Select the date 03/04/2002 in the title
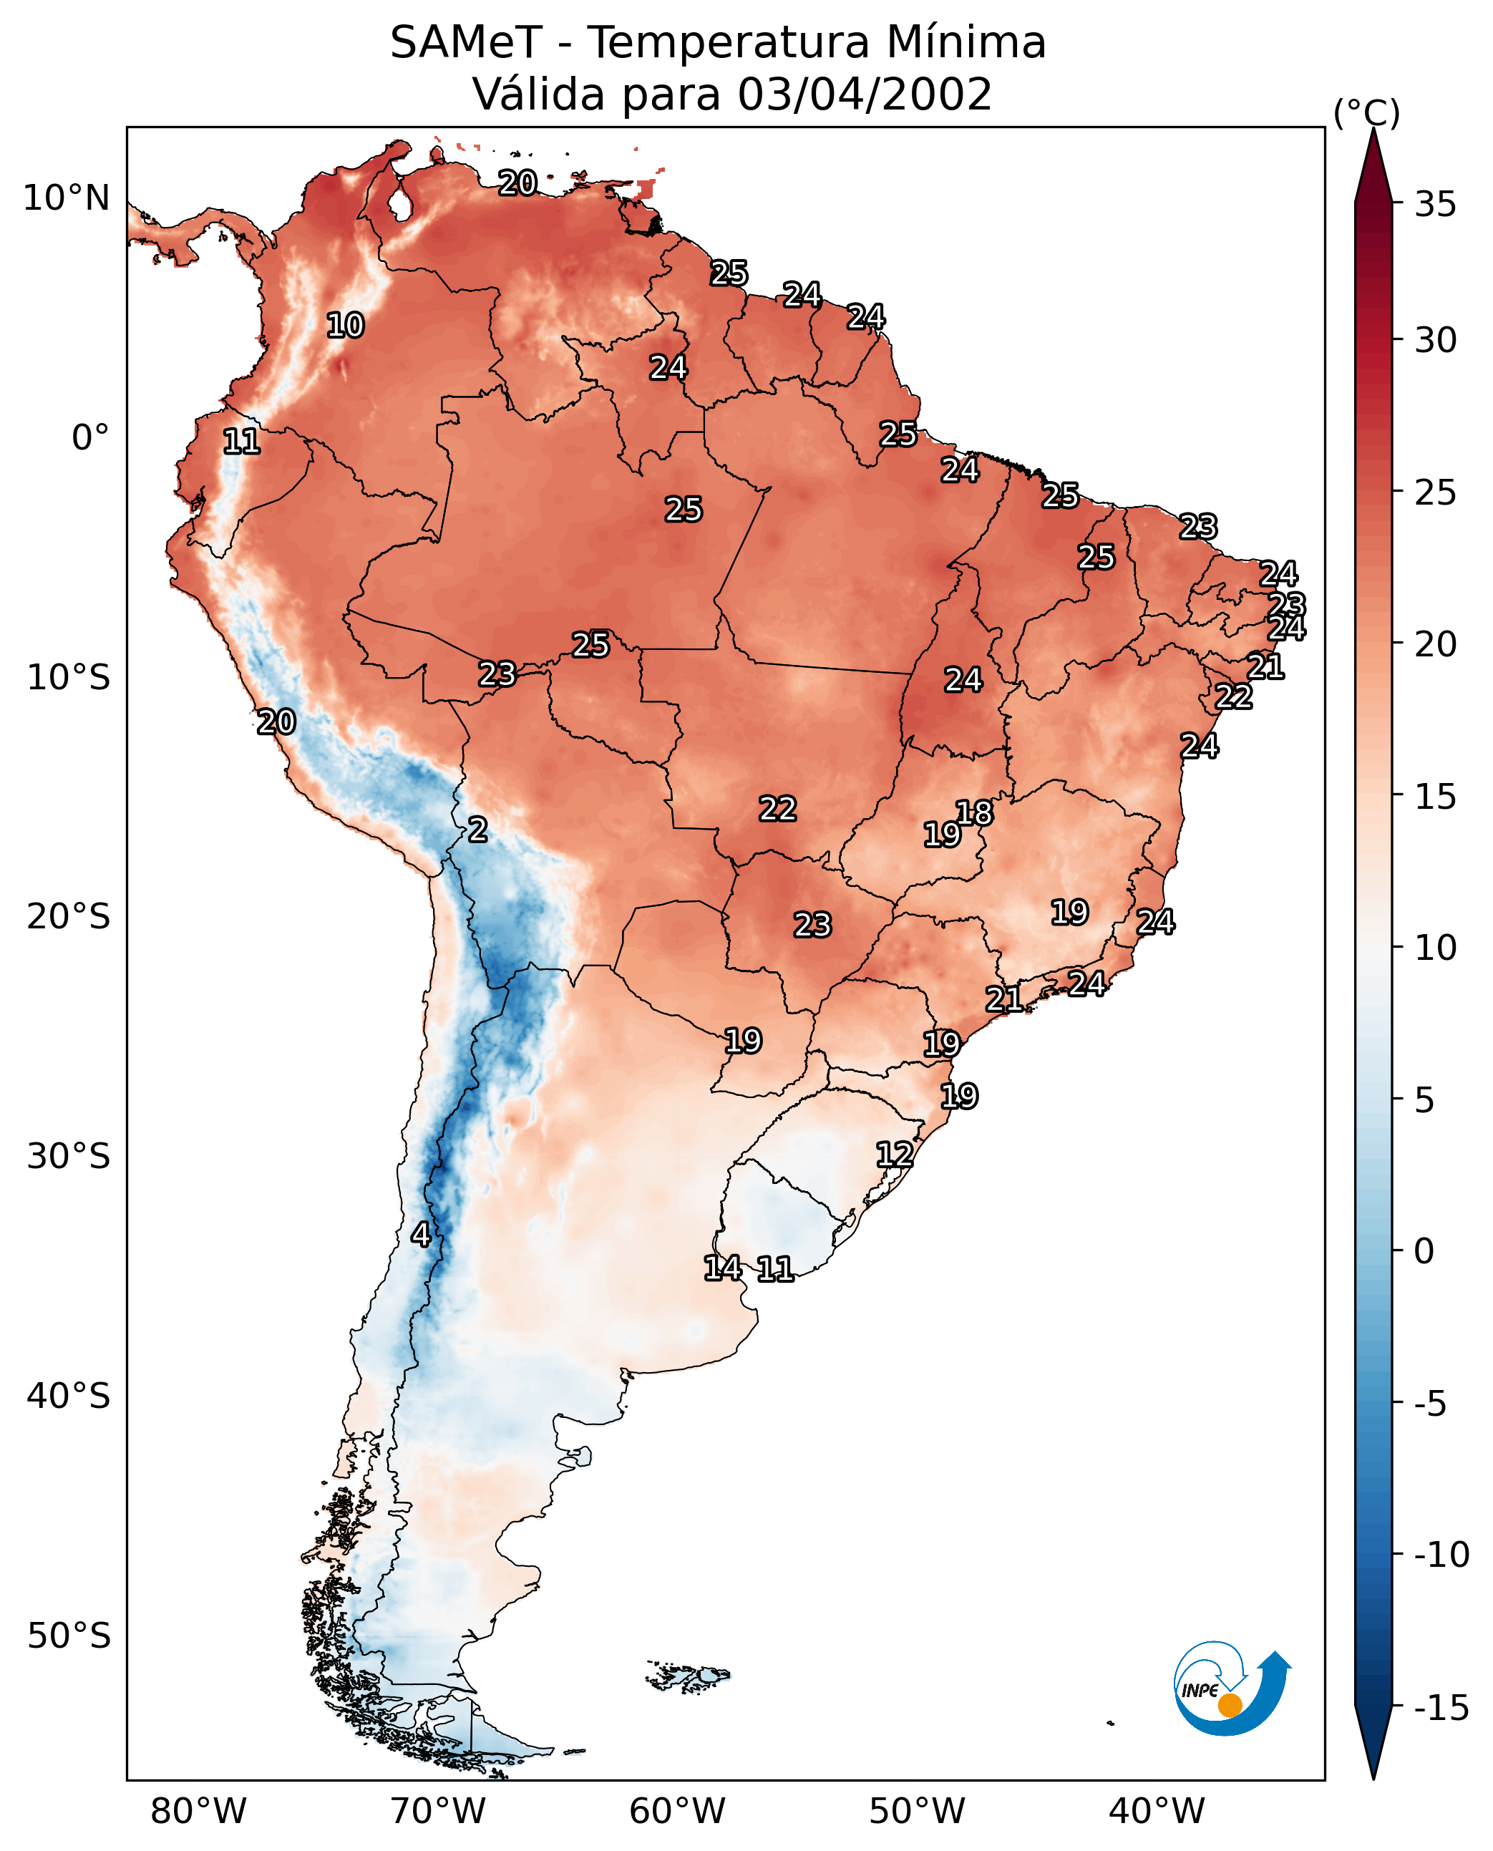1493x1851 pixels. pos(865,94)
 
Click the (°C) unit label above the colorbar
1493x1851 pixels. pos(1366,112)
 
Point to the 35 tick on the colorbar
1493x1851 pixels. pos(1435,205)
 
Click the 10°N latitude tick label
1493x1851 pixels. pos(67,199)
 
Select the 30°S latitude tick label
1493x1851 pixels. pos(68,1157)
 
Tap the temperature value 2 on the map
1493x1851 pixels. pos(477,830)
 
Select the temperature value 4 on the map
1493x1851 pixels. pos(421,1234)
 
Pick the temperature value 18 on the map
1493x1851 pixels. pos(974,813)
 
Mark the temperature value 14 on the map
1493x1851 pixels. pos(722,1267)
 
